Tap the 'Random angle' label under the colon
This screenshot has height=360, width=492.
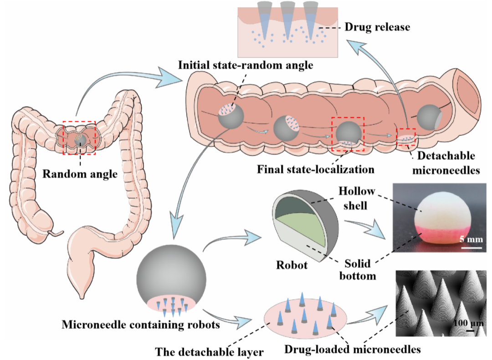81,173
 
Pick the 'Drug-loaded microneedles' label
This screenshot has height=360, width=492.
352,350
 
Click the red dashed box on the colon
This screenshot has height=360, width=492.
79,138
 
